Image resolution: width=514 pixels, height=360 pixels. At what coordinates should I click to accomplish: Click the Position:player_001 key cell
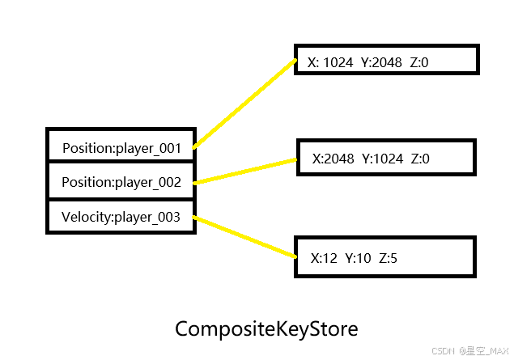121,148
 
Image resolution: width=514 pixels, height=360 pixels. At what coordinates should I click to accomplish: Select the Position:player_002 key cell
121,182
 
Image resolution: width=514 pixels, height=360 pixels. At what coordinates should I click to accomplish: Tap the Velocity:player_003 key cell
121,216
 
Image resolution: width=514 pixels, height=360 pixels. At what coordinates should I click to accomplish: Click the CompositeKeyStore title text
266,330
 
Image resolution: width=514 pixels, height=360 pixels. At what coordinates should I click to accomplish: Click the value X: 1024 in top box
331,61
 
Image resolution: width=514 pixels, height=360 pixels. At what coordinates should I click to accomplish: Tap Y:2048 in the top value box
382,61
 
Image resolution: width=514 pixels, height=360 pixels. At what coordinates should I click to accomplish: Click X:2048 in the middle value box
333,159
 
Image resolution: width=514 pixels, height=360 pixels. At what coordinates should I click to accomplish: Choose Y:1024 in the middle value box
383,159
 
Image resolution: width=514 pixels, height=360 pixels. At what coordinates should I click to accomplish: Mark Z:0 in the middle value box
420,159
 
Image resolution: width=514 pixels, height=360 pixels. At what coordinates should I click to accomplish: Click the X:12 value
324,259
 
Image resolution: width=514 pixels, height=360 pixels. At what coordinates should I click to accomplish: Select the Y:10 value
358,259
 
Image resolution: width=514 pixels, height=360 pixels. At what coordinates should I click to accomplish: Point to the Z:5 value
388,259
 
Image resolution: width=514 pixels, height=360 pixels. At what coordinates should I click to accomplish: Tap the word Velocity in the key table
86,216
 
